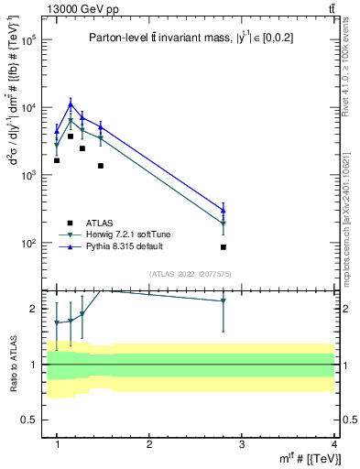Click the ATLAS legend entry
tap(101, 223)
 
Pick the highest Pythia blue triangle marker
tap(71, 104)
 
